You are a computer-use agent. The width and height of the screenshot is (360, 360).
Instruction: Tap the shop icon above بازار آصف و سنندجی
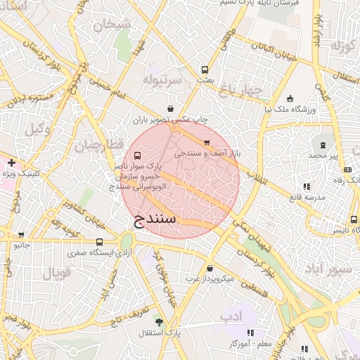coord(205,143)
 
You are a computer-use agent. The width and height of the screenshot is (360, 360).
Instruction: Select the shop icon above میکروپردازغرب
coord(210,268)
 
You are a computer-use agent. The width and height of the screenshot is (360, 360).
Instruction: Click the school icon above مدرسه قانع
coord(307,186)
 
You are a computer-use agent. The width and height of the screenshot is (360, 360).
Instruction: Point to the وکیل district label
coord(39,129)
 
